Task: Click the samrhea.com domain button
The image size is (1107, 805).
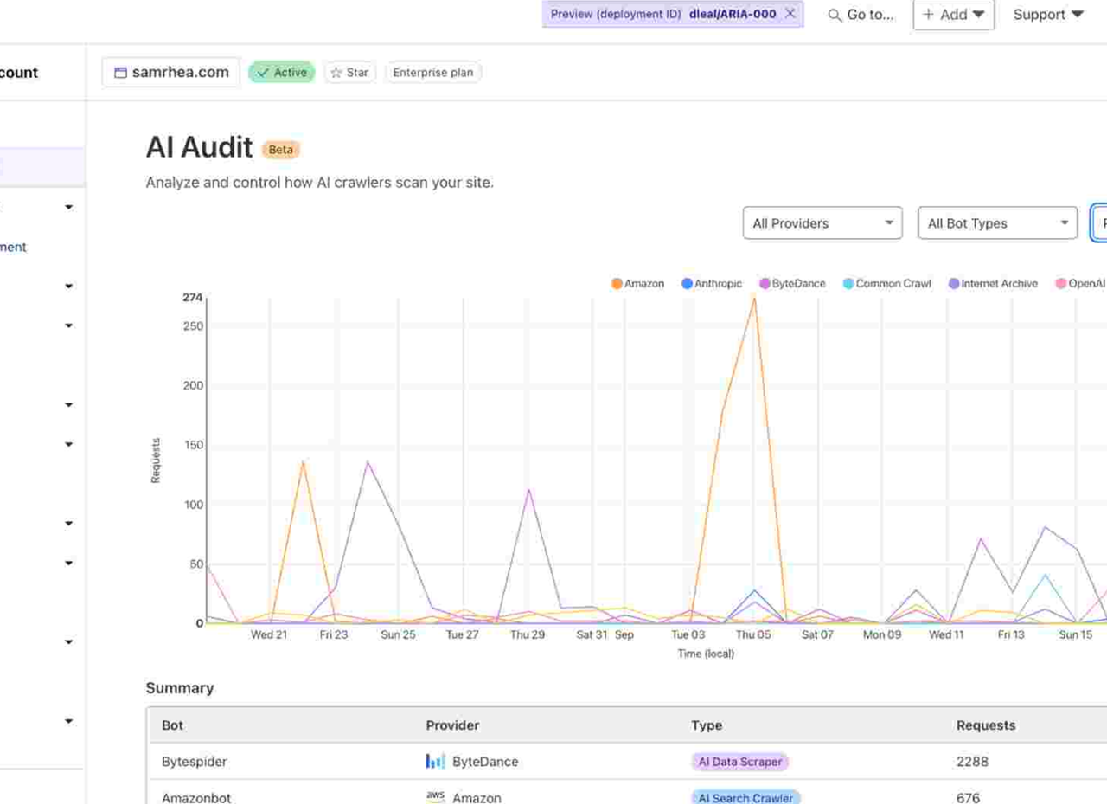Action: pos(171,73)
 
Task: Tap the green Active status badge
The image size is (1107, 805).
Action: pos(282,73)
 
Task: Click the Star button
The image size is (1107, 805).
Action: pos(350,73)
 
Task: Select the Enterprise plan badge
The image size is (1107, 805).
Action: pos(432,73)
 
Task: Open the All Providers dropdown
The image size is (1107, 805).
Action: pos(822,223)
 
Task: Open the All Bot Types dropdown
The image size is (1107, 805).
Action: pos(997,223)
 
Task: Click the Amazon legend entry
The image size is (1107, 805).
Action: pos(638,284)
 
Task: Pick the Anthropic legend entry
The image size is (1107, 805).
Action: pos(712,284)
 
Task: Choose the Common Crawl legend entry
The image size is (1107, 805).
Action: pos(887,284)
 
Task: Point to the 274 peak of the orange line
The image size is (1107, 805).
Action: pos(754,299)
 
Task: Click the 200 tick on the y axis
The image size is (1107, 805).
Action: pos(193,386)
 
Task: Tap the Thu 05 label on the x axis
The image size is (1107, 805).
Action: pos(752,634)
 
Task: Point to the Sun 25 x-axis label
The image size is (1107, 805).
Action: pos(398,634)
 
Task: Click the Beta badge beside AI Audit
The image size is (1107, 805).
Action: pos(281,150)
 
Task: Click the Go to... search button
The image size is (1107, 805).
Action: pos(861,15)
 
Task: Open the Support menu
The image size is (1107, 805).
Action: pos(1048,15)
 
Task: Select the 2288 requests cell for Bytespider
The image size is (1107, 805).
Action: pos(972,762)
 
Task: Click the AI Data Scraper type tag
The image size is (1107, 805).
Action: pos(740,762)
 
